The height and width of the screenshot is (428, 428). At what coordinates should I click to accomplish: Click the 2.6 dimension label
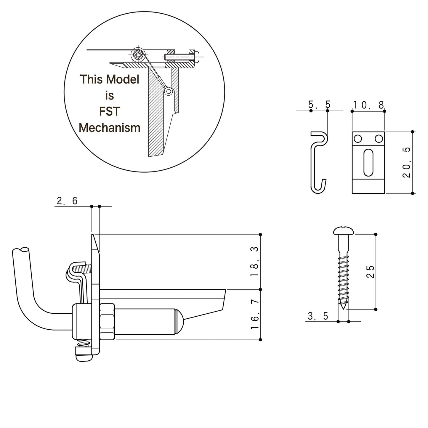tap(67, 201)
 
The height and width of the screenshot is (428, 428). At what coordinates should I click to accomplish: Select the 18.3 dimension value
tap(254, 262)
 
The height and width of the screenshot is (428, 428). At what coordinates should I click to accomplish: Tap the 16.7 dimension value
tap(254, 314)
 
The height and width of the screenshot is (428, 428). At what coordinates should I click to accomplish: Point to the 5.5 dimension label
tap(319, 105)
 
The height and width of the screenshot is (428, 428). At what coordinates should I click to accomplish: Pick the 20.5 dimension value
tap(407, 162)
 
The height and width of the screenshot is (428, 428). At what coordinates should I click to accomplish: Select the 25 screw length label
tap(371, 272)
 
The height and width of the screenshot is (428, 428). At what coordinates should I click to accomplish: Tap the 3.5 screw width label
tap(318, 316)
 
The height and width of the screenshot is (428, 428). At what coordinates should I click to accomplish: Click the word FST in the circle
tap(109, 112)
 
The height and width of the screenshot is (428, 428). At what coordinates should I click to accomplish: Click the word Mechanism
tap(109, 128)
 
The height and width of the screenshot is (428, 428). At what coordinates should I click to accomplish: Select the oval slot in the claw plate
tap(368, 162)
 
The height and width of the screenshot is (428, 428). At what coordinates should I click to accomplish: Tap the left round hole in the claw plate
tap(358, 138)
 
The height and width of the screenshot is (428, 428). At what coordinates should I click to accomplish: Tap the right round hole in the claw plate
tap(378, 138)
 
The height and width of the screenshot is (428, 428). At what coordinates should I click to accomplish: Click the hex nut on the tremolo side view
tap(107, 321)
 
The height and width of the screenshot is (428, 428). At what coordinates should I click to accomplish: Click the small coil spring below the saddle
tap(84, 344)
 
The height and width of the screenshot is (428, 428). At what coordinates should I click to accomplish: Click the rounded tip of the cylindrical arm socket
tap(180, 321)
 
